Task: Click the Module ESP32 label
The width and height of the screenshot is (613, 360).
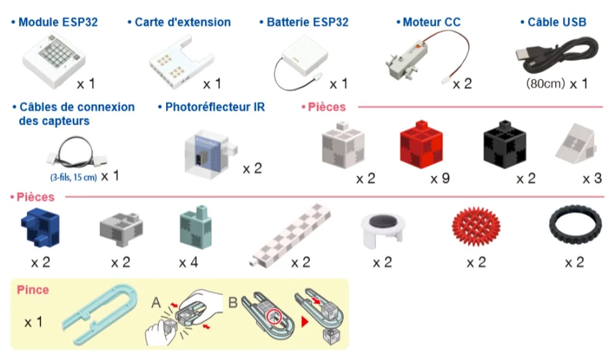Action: [57, 22]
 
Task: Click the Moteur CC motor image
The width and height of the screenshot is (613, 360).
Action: [415, 61]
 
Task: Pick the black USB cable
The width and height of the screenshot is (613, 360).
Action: [556, 52]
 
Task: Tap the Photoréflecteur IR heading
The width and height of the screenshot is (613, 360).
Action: [215, 107]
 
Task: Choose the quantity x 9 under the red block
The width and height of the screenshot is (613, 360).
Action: [440, 179]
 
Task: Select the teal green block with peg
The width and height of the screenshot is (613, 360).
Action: [196, 229]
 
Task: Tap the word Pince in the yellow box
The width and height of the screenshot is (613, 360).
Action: [32, 290]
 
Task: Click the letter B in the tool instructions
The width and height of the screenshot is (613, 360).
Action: [233, 301]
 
